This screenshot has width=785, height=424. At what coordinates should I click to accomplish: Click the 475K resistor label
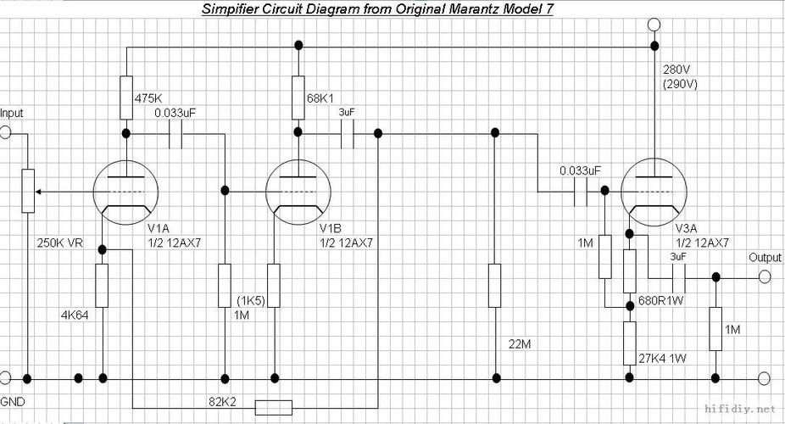pyautogui.click(x=148, y=98)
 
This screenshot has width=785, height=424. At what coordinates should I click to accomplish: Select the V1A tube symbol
pyautogui.click(x=125, y=192)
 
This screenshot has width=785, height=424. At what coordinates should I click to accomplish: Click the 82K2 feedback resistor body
pyautogui.click(x=273, y=408)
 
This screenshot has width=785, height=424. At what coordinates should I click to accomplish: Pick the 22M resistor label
pyautogui.click(x=520, y=344)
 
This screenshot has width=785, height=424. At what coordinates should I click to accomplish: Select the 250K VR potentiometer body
pyautogui.click(x=28, y=191)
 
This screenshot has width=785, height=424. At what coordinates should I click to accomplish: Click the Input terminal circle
pyautogui.click(x=5, y=132)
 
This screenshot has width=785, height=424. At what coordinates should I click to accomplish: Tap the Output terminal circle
pyautogui.click(x=765, y=276)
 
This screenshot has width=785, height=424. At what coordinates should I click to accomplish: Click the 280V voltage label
pyautogui.click(x=676, y=69)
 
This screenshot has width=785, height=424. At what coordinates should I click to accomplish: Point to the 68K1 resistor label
pyautogui.click(x=320, y=98)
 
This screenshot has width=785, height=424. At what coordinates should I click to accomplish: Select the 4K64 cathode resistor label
pyautogui.click(x=75, y=315)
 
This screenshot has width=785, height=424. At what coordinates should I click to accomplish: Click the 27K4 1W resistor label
pyautogui.click(x=662, y=359)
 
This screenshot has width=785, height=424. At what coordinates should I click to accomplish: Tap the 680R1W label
pyautogui.click(x=661, y=301)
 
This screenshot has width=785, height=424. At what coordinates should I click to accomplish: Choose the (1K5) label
pyautogui.click(x=251, y=301)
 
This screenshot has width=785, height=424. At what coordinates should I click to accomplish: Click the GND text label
pyautogui.click(x=13, y=402)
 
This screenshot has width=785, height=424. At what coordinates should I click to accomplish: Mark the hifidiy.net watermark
pyautogui.click(x=739, y=409)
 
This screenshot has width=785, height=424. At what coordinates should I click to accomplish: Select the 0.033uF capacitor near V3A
pyautogui.click(x=581, y=192)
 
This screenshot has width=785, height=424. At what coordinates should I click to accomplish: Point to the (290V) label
pyautogui.click(x=680, y=84)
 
